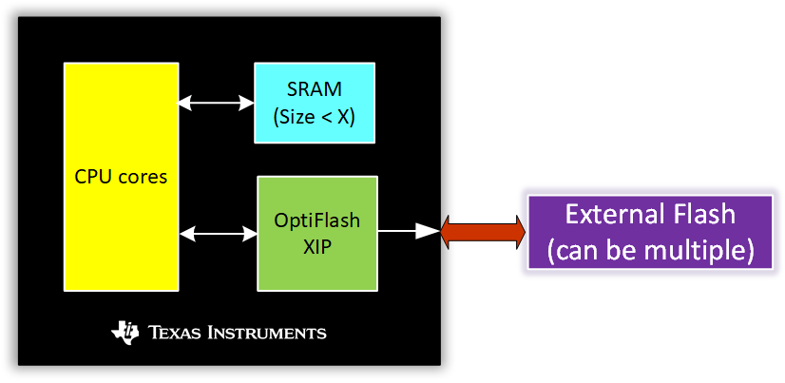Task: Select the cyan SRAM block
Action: click(x=314, y=102)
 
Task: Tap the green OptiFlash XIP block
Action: click(x=316, y=233)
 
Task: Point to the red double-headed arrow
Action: click(x=483, y=231)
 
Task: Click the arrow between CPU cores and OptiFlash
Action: click(x=218, y=232)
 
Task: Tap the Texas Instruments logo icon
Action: click(x=124, y=332)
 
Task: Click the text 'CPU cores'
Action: click(x=121, y=178)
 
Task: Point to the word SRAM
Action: click(x=314, y=90)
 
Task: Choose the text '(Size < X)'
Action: click(x=314, y=116)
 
